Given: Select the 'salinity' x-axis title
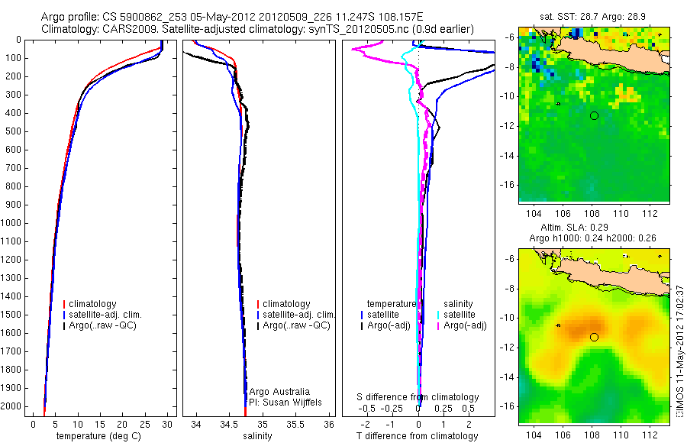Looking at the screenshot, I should [x=257, y=436].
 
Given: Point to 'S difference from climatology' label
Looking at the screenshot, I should [x=418, y=397].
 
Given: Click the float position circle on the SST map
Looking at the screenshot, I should [x=594, y=115].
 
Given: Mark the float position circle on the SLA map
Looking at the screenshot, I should [x=594, y=337].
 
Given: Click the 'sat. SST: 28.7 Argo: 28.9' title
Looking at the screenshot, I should [x=593, y=15].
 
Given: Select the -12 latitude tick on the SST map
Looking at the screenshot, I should [x=508, y=125].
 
